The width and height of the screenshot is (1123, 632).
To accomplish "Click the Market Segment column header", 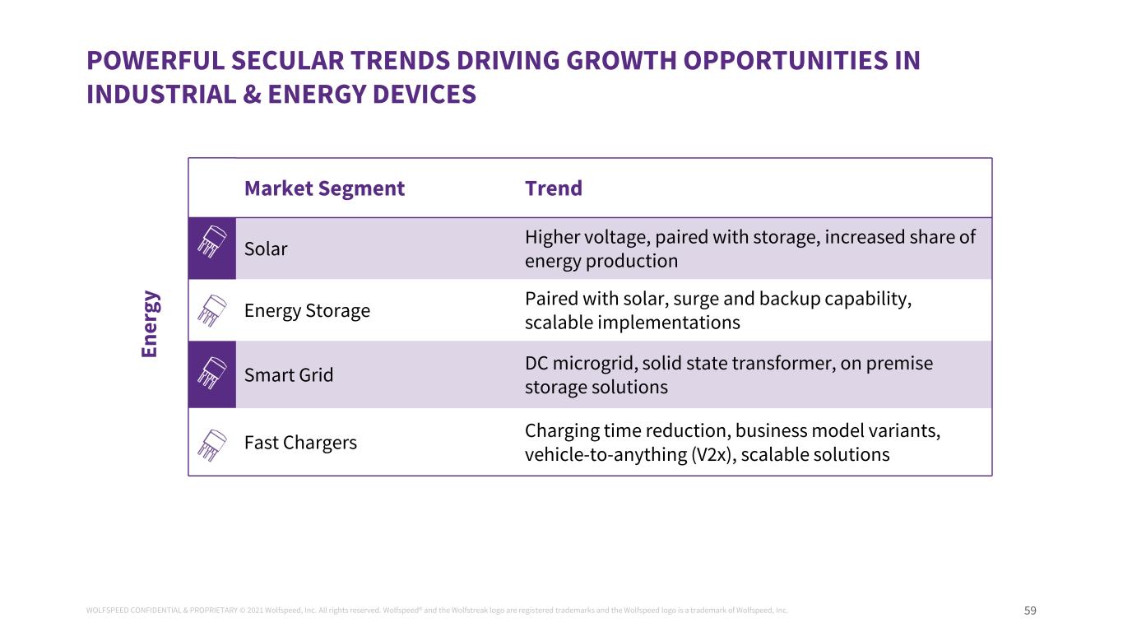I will click(324, 188).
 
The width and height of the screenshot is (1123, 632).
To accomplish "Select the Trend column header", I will click(553, 188).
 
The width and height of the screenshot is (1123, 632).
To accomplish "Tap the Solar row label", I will click(266, 249).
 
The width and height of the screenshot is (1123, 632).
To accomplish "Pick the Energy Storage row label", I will click(307, 310).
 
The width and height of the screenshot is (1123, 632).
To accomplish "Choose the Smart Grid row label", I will click(289, 375).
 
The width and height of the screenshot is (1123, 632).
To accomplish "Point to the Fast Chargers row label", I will click(300, 443).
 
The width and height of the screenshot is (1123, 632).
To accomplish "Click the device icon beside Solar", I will click(212, 248).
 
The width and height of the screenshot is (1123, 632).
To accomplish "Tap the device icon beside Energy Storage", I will click(212, 310).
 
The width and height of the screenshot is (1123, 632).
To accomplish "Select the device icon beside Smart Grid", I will click(212, 374).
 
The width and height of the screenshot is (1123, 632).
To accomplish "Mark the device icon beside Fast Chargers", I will click(212, 444).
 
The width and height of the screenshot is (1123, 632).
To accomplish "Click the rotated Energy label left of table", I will click(150, 323).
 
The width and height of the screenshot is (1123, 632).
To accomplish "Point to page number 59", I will click(1030, 611).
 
